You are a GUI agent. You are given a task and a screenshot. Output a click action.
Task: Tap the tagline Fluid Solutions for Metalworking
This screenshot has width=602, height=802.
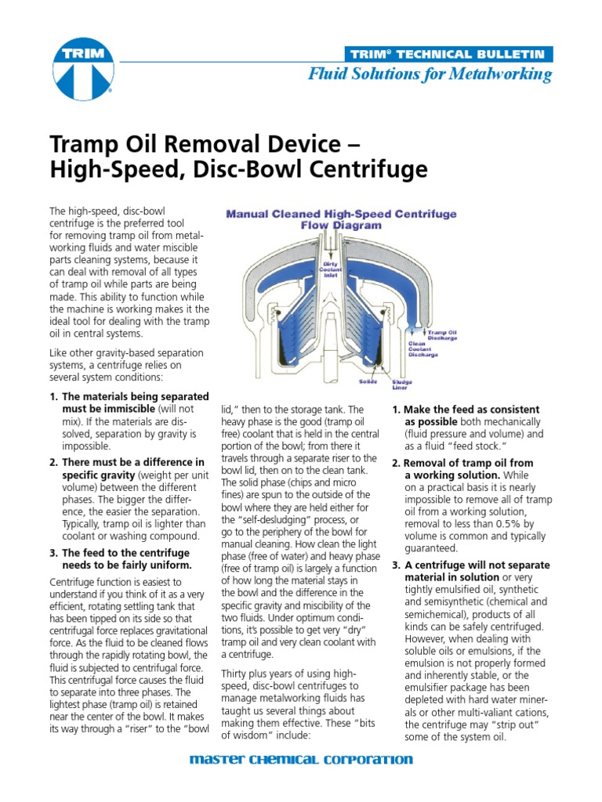[430, 74]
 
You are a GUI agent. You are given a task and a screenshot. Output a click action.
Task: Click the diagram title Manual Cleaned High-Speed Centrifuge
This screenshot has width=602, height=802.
[341, 213]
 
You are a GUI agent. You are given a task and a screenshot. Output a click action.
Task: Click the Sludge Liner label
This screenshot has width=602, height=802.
[402, 385]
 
